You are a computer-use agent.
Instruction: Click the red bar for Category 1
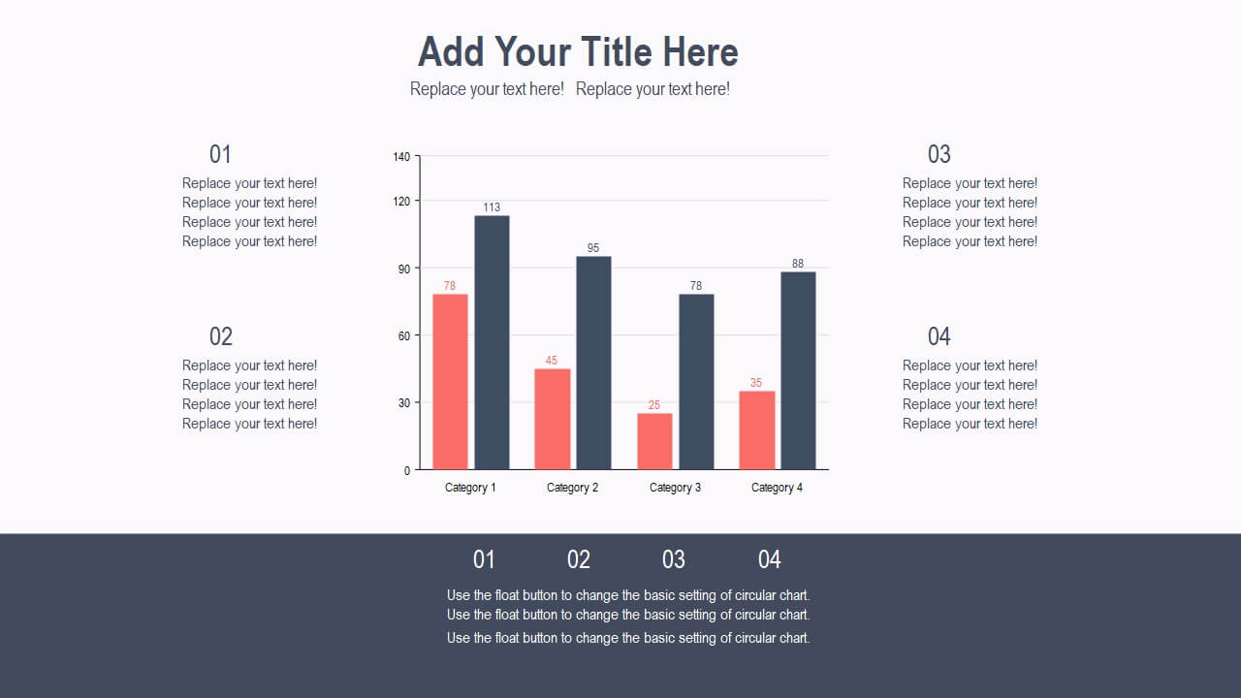(x=450, y=382)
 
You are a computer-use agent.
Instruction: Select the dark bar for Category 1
(x=492, y=342)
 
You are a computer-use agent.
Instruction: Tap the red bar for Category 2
(x=553, y=419)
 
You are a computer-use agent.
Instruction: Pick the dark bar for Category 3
(x=696, y=382)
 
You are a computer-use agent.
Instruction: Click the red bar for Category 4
(x=757, y=429)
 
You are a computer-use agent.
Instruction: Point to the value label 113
(x=492, y=207)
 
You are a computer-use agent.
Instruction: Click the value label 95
(x=593, y=247)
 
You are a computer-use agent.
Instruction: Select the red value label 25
(x=654, y=405)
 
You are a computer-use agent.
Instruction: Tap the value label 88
(x=798, y=264)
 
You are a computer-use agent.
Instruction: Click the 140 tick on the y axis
(x=401, y=157)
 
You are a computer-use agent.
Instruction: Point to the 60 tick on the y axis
(x=404, y=336)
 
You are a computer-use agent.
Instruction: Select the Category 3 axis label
(x=675, y=488)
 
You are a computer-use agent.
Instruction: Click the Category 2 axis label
(x=572, y=488)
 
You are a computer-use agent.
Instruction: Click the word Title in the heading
(x=617, y=51)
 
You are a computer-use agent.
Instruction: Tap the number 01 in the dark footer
(x=484, y=559)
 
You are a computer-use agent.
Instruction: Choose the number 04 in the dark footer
(x=770, y=559)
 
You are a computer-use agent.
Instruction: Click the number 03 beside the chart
(x=939, y=154)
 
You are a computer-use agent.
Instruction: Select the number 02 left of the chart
(x=220, y=336)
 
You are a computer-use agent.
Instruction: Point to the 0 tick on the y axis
(x=407, y=471)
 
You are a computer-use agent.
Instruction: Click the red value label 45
(x=552, y=360)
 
